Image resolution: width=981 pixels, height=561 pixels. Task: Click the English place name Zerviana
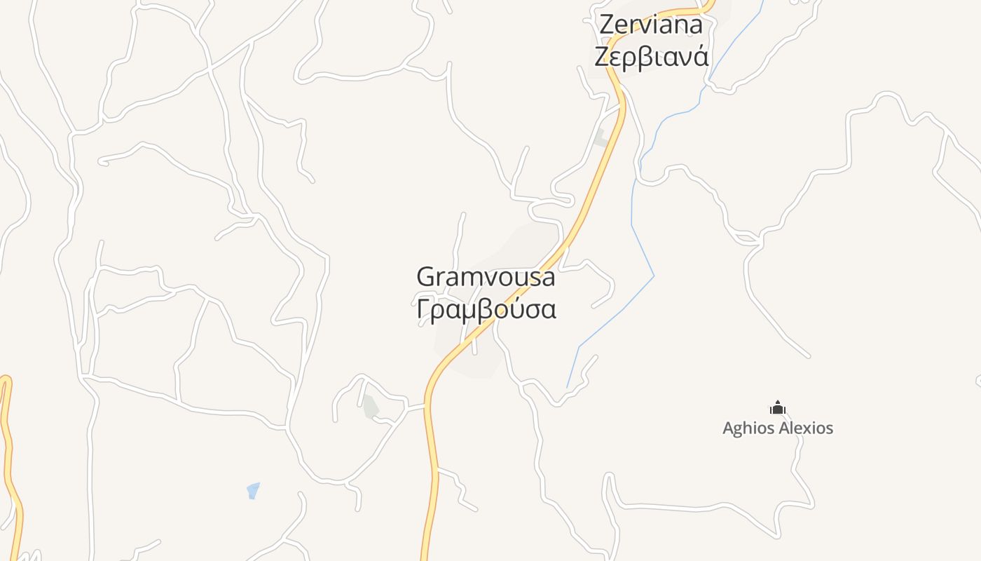coord(651,24)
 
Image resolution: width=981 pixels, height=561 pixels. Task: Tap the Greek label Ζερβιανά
coord(651,56)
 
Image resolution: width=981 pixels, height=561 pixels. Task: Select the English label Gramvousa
coord(486,276)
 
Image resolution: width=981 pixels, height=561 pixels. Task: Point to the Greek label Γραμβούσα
coord(486,309)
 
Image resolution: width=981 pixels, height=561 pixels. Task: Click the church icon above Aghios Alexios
coord(777,407)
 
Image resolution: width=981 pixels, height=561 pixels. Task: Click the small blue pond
coord(253,490)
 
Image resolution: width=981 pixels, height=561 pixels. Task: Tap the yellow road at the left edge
coord(8,449)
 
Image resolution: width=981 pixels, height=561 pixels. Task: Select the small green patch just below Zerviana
coord(601,138)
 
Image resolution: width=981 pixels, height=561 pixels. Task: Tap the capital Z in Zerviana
coord(607,24)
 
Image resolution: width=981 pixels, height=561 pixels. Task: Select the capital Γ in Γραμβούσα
coord(423,309)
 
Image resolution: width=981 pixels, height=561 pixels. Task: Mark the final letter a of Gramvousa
coord(547,278)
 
